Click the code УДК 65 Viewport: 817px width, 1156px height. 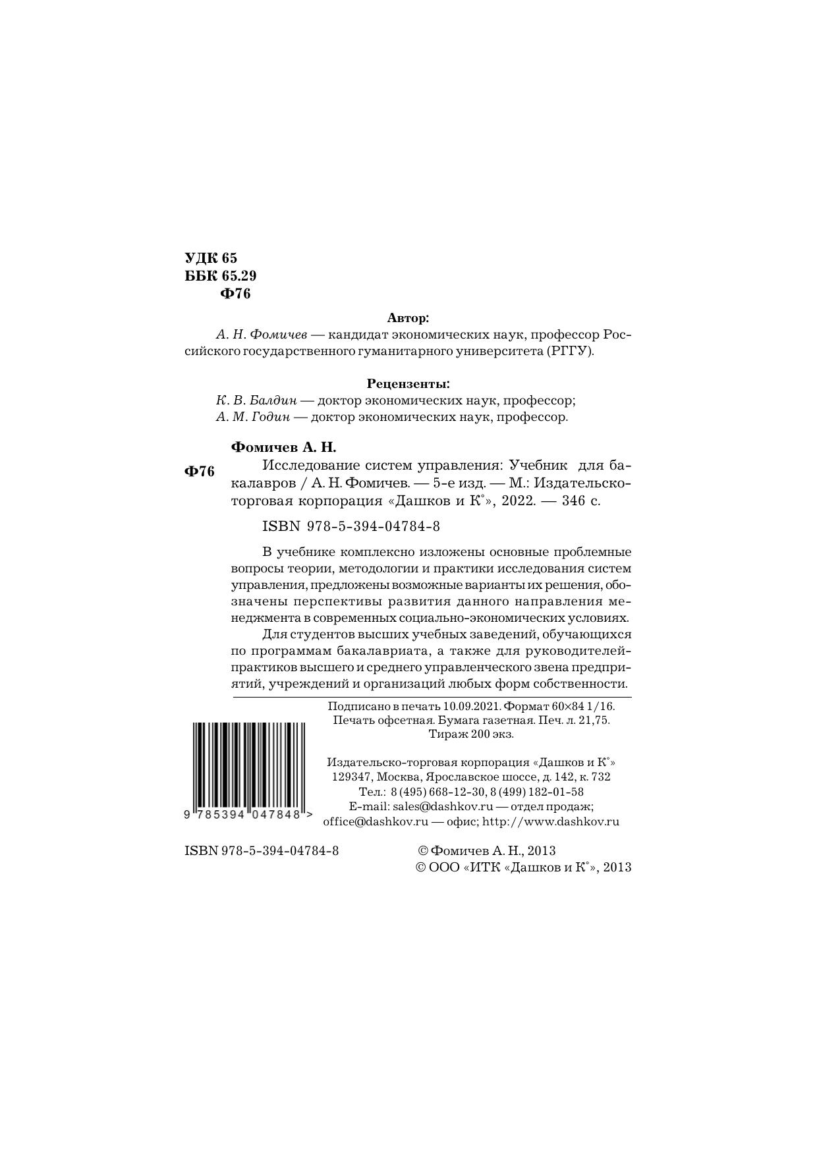point(210,258)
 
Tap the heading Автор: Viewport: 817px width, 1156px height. point(408,318)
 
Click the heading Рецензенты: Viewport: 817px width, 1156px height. point(408,383)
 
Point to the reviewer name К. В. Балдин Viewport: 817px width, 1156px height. point(256,400)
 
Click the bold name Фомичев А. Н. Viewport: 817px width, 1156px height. point(283,448)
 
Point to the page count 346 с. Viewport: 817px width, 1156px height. point(581,501)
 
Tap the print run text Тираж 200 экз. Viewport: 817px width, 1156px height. point(471,734)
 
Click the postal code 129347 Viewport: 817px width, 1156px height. point(351,777)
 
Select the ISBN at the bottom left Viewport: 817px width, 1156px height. point(262,851)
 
